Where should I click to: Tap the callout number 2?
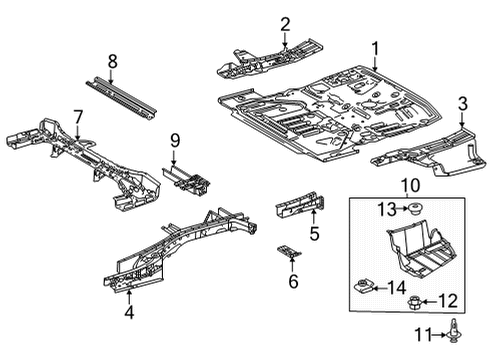click(285, 24)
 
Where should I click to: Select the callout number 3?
click(462, 103)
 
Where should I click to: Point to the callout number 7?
click(76, 118)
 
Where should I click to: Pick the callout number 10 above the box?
click(410, 186)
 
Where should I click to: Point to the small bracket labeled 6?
click(288, 254)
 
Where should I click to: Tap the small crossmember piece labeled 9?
click(190, 182)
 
